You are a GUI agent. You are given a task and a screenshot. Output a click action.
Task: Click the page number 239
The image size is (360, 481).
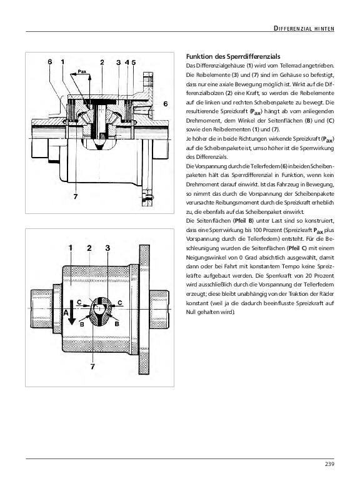pos(329,464)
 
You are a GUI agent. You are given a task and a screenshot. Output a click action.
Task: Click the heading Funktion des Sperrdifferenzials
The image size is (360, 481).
pos(233,56)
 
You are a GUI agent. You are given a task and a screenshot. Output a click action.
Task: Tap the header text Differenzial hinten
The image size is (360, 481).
pos(304,29)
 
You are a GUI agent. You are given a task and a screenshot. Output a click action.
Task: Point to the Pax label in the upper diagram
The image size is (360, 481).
pos(82,71)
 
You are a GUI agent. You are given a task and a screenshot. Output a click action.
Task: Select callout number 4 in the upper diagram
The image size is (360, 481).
pos(127,63)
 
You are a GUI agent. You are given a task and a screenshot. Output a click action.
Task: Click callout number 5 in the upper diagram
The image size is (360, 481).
pos(134,63)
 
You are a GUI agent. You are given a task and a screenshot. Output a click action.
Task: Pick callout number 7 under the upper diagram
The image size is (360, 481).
pos(76,196)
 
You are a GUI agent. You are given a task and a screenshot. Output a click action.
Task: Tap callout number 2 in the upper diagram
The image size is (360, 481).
pos(102,63)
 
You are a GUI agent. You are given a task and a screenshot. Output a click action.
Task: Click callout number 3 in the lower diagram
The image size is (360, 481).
pos(107,248)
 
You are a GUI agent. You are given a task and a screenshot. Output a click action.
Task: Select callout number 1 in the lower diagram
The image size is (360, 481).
pos(71,248)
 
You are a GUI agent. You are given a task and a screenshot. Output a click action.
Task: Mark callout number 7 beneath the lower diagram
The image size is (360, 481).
pos(92,367)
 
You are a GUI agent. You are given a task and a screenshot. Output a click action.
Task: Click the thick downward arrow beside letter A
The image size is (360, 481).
pos(71,312)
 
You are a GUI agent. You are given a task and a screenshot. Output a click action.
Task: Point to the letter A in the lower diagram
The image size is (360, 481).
pos(66,313)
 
